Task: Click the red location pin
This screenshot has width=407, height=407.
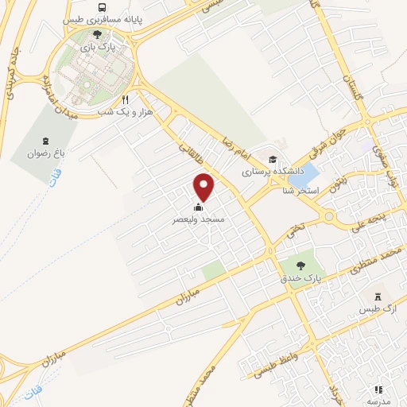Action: [x=204, y=187]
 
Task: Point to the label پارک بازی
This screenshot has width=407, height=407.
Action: [x=97, y=48]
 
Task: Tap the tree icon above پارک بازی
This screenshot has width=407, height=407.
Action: [x=97, y=35]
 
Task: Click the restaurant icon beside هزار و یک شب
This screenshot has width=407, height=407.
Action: [x=124, y=101]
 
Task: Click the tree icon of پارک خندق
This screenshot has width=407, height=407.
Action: [x=300, y=265]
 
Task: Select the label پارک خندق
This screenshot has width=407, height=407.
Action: [x=300, y=278]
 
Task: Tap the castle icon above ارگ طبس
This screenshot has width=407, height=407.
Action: [x=379, y=294]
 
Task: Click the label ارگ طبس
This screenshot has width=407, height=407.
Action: [x=379, y=308]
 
